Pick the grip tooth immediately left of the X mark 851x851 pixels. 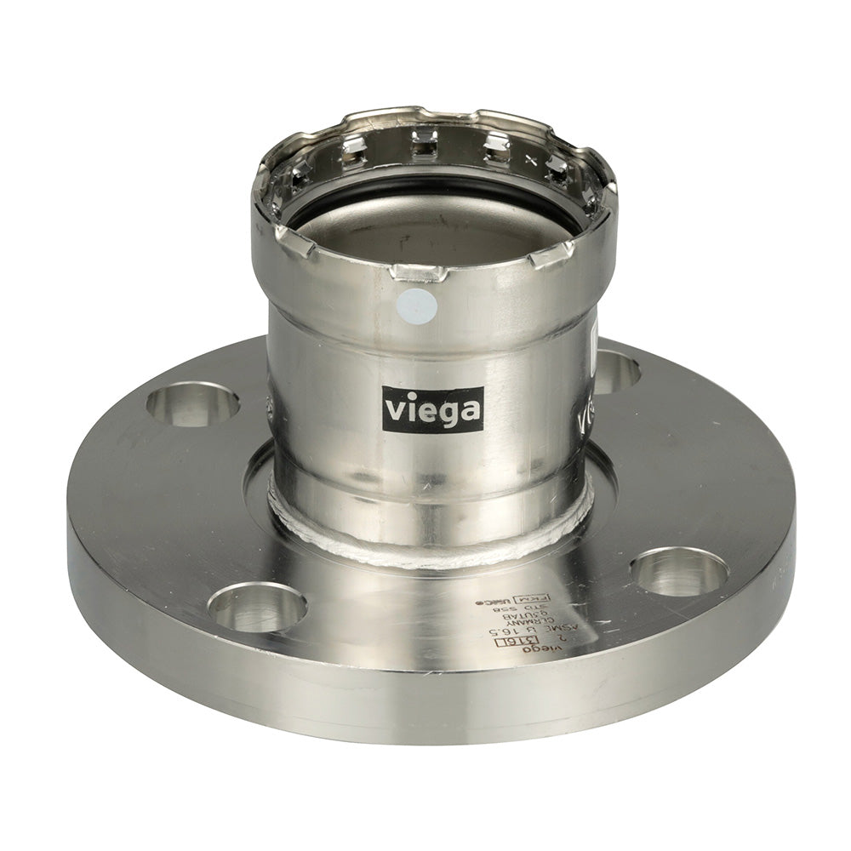pyautogui.click(x=498, y=150)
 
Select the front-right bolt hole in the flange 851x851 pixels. pyautogui.click(x=679, y=571)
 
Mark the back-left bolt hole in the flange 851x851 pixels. pyautogui.click(x=192, y=403)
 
